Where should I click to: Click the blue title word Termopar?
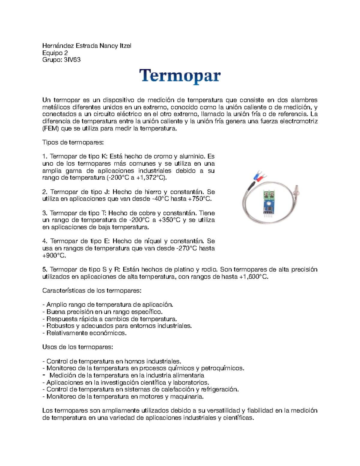coord(180,76)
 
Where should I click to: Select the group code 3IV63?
coord(72,60)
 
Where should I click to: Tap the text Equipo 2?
coord(55,53)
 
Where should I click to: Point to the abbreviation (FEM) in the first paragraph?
coord(51,128)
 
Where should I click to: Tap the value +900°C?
coord(54,256)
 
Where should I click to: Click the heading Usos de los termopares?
coord(78,347)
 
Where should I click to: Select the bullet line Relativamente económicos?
coord(85,333)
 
